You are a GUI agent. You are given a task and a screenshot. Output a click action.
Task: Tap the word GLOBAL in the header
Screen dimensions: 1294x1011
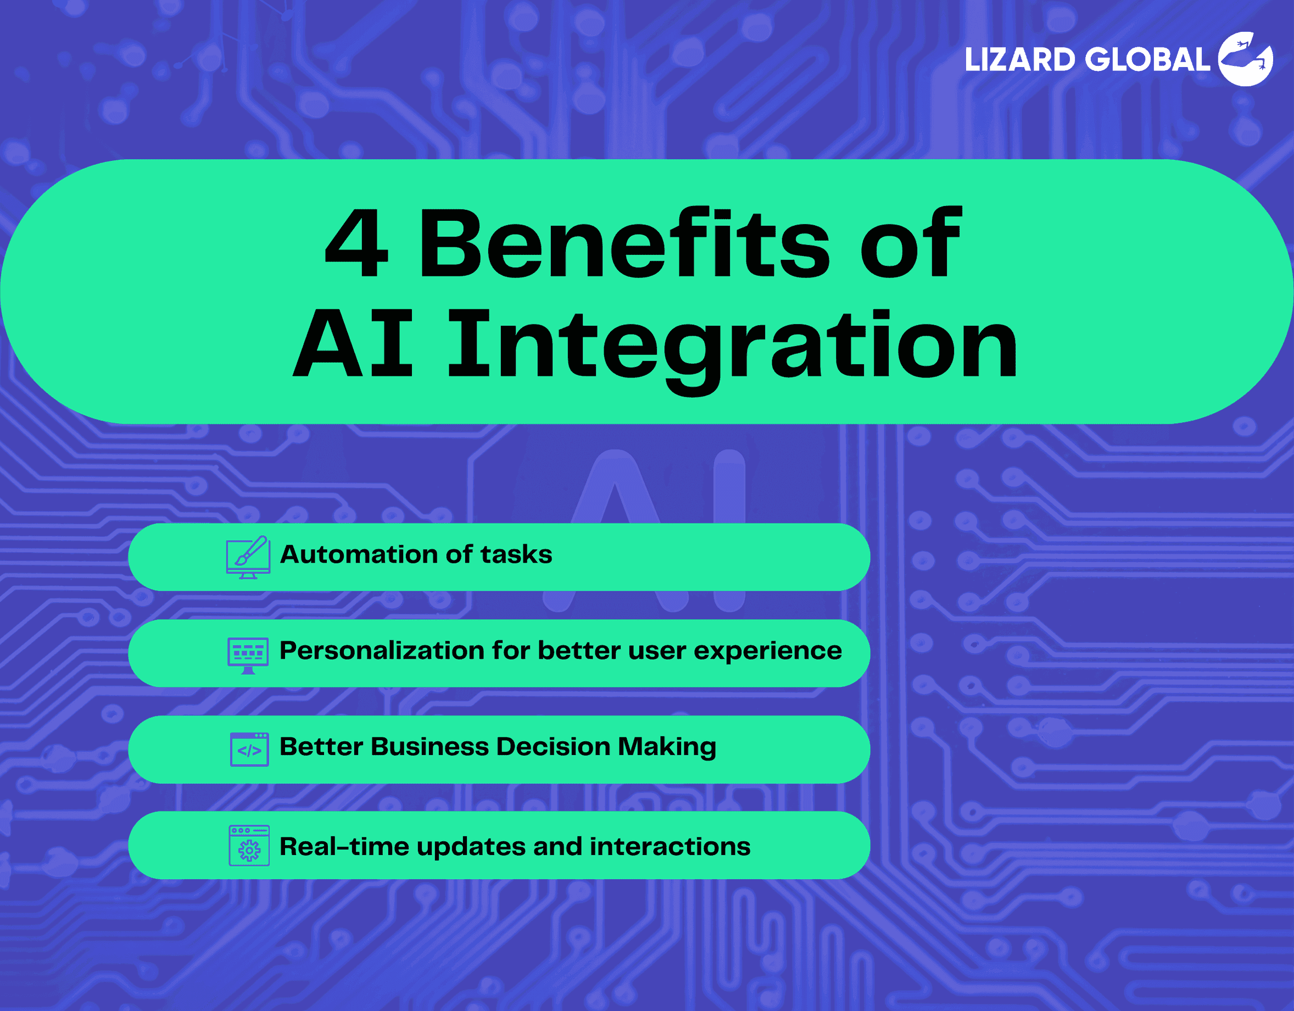click(x=1148, y=60)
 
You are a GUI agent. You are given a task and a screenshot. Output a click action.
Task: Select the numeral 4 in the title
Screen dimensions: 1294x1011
click(x=356, y=243)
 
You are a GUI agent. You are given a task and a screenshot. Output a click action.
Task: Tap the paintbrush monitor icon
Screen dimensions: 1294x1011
click(x=248, y=557)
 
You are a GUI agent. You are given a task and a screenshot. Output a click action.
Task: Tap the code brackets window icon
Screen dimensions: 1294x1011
click(x=249, y=749)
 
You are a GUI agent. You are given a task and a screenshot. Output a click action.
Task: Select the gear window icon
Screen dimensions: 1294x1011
click(x=249, y=846)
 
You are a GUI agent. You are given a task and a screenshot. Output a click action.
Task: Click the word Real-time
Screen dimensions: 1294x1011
click(x=344, y=847)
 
